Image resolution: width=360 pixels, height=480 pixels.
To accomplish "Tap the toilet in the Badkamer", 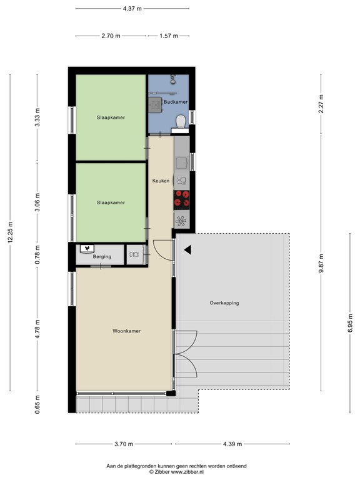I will [x=181, y=121].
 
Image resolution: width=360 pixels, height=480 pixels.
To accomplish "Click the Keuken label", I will [x=161, y=181].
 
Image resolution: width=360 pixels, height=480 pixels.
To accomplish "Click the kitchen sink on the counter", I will [x=182, y=163].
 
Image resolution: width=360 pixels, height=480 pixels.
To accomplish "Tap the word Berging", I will [x=102, y=256].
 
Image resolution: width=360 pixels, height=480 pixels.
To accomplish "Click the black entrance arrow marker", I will [x=187, y=250].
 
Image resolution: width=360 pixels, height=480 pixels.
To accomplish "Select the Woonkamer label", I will [x=126, y=331].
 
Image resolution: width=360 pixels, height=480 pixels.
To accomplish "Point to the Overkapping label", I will [x=224, y=303].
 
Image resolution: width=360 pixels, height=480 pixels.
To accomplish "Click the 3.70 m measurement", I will [x=124, y=444].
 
